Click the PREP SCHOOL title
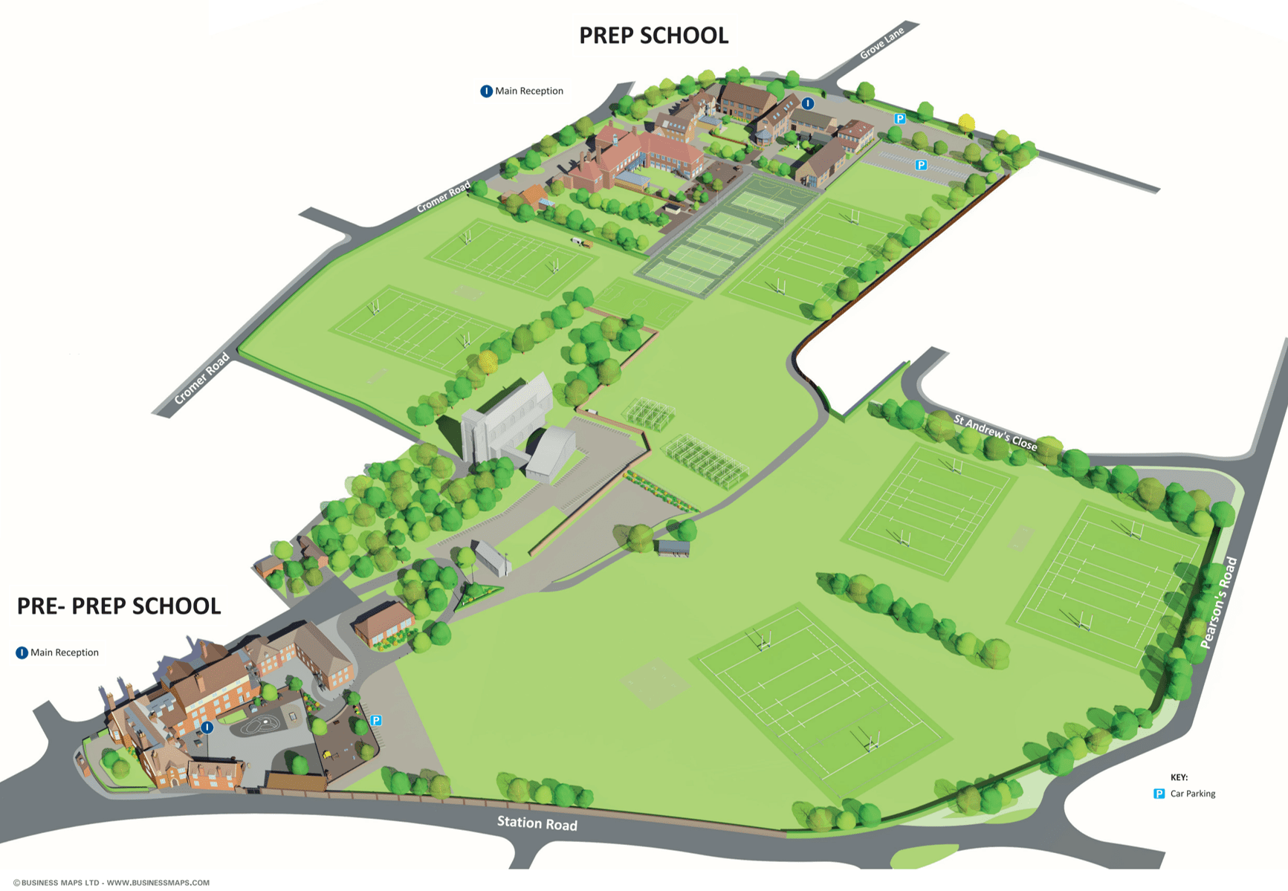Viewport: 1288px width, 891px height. coord(653,36)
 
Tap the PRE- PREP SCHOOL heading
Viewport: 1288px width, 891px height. coord(119,606)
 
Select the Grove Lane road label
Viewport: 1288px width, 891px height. coord(881,43)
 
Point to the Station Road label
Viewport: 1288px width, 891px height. coord(537,823)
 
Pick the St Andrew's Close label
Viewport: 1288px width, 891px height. coord(995,432)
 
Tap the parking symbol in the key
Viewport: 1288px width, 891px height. coord(1159,794)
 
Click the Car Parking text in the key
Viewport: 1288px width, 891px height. coord(1193,794)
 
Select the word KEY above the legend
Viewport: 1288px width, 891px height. coord(1179,777)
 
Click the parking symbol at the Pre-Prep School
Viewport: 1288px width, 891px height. coord(376,720)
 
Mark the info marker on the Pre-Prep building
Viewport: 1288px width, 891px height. coord(207,728)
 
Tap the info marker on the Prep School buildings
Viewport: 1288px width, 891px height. coord(808,104)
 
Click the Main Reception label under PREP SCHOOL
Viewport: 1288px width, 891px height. coord(529,91)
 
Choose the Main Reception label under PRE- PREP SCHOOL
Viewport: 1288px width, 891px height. coord(65,652)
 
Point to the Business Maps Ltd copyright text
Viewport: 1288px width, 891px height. coord(111,883)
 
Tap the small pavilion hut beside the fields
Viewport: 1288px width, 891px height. coord(673,548)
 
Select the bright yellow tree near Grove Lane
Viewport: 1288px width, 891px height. coord(966,123)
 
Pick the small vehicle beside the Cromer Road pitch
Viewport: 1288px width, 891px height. coord(580,242)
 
